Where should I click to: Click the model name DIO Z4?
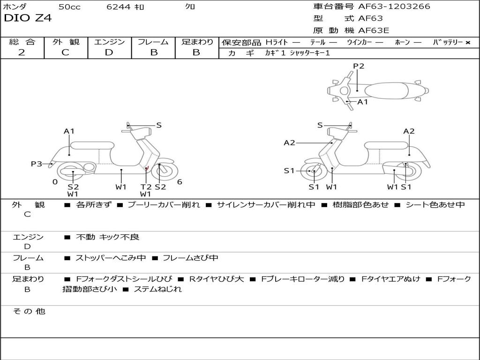click(28, 18)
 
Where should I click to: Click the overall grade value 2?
click(22, 52)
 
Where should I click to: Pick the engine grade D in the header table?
click(109, 52)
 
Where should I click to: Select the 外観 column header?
click(66, 42)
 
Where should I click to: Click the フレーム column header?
click(153, 42)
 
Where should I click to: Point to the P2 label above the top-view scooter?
click(359, 66)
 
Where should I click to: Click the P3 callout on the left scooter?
click(37, 164)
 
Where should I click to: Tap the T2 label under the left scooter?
click(146, 187)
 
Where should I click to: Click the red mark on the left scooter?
click(146, 168)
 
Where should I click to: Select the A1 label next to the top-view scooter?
click(363, 102)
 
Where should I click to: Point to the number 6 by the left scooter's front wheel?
click(179, 182)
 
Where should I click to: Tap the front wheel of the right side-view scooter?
click(313, 172)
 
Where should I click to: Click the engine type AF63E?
click(374, 30)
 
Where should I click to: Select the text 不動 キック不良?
click(108, 237)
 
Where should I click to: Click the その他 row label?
click(28, 311)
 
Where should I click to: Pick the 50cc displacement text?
click(69, 7)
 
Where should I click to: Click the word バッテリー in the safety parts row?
click(448, 42)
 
